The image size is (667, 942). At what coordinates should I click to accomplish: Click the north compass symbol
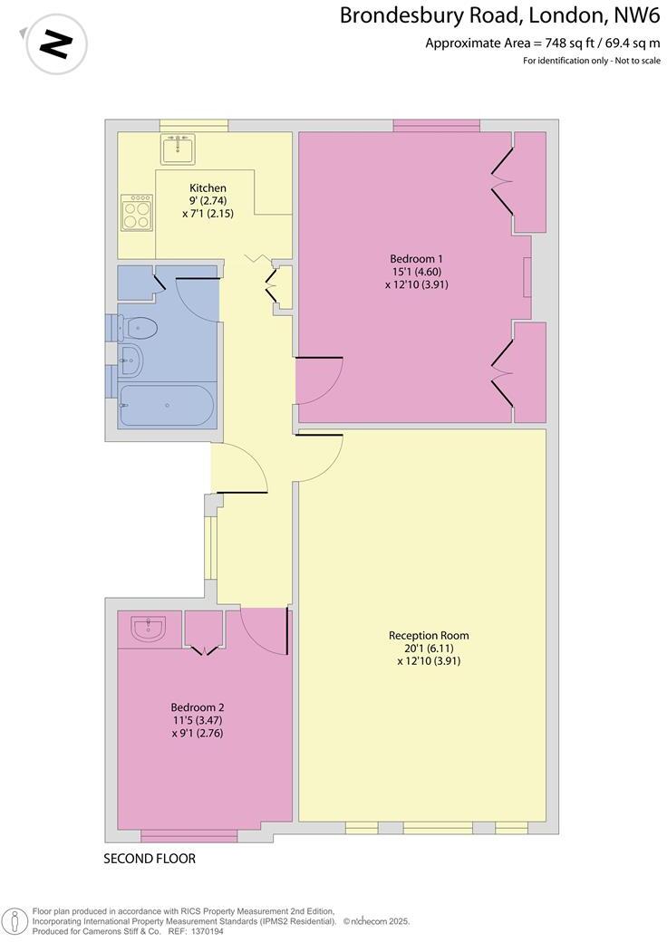[x=57, y=43]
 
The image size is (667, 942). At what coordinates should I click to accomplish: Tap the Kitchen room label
[x=201, y=187]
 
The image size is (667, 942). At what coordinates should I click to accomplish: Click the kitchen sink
[x=178, y=148]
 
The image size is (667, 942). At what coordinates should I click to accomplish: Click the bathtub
[x=166, y=405]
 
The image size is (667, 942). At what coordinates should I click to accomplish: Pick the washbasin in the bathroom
[x=130, y=360]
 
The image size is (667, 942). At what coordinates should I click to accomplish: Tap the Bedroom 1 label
[x=416, y=258]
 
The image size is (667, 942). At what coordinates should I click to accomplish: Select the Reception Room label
[x=429, y=635]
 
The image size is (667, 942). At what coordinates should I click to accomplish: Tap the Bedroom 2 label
[x=197, y=707]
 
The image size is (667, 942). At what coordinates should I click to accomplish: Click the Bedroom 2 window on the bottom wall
[x=188, y=835]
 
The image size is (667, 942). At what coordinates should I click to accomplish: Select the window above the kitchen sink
[x=193, y=125]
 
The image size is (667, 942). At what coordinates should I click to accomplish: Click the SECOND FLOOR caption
[x=150, y=859]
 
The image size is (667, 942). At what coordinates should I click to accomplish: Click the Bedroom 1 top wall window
[x=436, y=125]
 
